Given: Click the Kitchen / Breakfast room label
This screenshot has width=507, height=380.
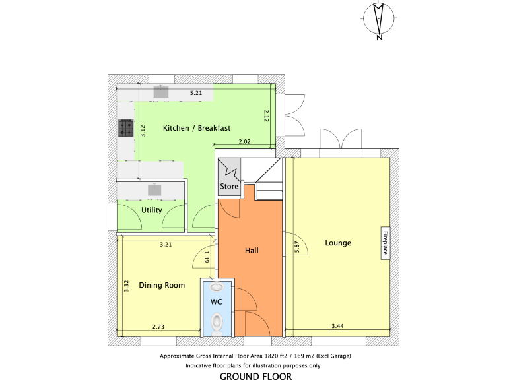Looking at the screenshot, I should tap(196, 128).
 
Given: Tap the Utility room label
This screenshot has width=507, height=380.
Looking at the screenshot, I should tap(151, 210).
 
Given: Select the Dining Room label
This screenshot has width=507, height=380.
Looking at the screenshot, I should tap(162, 286).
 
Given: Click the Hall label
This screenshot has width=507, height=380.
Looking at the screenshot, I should tap(252, 251).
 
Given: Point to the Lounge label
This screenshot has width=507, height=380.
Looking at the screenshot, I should tap(338, 243).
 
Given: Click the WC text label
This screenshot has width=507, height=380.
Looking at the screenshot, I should tap(216, 301).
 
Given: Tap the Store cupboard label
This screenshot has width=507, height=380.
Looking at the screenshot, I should tap(229, 187).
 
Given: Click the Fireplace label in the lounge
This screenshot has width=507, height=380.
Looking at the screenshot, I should tap(385, 243).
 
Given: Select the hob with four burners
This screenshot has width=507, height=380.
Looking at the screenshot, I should tap(126, 128).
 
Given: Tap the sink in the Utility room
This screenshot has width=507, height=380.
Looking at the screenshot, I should tap(154, 190).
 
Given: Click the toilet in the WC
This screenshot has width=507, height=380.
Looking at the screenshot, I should tap(218, 322).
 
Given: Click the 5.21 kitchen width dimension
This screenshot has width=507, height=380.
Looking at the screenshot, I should tap(195, 94).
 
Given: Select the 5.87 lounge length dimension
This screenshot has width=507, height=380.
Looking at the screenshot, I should tap(298, 246).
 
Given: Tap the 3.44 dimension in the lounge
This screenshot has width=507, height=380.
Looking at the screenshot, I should tap(338, 327).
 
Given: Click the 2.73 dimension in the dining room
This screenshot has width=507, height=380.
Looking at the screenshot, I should tap(158, 327).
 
